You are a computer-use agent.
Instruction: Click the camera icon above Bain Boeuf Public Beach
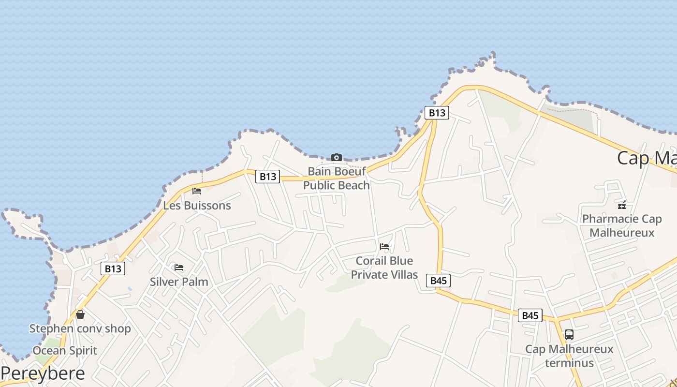[x=337, y=157]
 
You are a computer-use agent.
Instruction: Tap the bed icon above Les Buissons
[x=197, y=191]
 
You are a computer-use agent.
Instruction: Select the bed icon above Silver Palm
[x=179, y=268]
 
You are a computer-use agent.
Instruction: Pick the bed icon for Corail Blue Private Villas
[x=384, y=247]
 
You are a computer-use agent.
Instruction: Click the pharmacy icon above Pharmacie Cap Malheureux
[x=622, y=205]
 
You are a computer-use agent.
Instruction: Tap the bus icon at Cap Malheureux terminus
[x=569, y=334]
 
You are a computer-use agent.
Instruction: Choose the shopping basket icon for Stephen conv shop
[x=80, y=314]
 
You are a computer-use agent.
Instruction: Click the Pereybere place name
[x=43, y=373]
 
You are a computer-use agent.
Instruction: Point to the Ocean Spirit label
[x=65, y=351]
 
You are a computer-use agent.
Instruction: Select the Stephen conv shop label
[x=80, y=329]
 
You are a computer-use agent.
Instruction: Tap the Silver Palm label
[x=179, y=282]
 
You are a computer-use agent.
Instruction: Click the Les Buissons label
[x=197, y=206]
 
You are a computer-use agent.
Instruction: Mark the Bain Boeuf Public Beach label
[x=337, y=179]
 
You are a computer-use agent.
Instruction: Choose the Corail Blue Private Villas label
[x=384, y=268]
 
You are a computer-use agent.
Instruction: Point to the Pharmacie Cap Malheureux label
[x=622, y=226]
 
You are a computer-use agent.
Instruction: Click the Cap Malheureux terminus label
[x=569, y=356]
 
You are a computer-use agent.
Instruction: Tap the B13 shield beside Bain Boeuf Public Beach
[x=267, y=177]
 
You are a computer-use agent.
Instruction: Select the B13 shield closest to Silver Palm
[x=113, y=268]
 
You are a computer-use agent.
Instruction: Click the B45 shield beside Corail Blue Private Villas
[x=438, y=281]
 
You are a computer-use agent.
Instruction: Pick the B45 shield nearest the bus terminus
[x=530, y=315]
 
